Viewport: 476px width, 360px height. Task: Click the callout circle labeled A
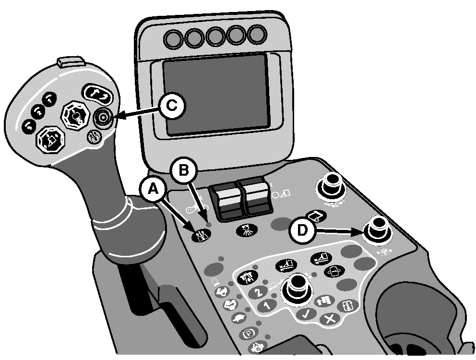click(x=153, y=190)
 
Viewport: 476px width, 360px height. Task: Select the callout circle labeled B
click(x=184, y=170)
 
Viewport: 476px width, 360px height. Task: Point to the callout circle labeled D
click(x=302, y=231)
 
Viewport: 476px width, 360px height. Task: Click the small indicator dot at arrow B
click(x=208, y=225)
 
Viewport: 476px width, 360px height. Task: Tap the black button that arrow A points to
click(x=201, y=236)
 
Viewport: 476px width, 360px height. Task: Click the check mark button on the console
click(x=306, y=314)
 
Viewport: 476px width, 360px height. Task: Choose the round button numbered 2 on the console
click(x=257, y=292)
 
